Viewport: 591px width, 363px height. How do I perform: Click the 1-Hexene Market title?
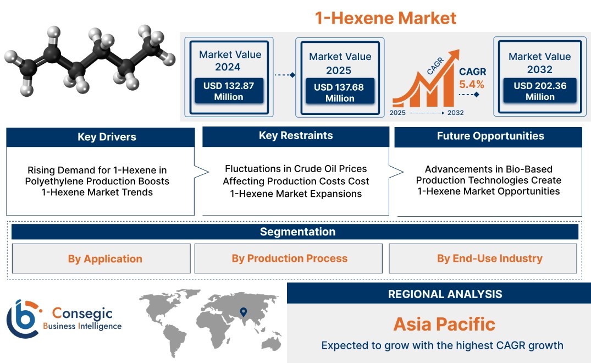pos(385,18)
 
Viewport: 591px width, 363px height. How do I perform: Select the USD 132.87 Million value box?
pos(229,91)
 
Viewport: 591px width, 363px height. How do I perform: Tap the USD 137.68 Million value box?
pos(340,92)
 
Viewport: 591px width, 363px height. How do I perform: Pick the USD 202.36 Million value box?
pos(540,91)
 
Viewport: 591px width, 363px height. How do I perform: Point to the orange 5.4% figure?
pos(472,85)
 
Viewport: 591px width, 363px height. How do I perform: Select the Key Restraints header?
pos(296,136)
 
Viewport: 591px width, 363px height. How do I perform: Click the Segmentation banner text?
pos(298,232)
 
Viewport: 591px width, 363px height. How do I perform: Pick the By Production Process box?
pos(288,258)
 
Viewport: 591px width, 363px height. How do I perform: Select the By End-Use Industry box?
pos(483,258)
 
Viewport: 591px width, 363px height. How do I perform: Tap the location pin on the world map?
pos(244,312)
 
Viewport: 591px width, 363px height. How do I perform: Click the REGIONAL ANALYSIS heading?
pos(445,294)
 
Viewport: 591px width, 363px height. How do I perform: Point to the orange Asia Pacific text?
pos(444,324)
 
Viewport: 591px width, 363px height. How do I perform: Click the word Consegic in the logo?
pos(82,313)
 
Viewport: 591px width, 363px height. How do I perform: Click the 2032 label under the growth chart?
pos(455,113)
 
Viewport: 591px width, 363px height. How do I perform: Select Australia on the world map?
pos(272,343)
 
